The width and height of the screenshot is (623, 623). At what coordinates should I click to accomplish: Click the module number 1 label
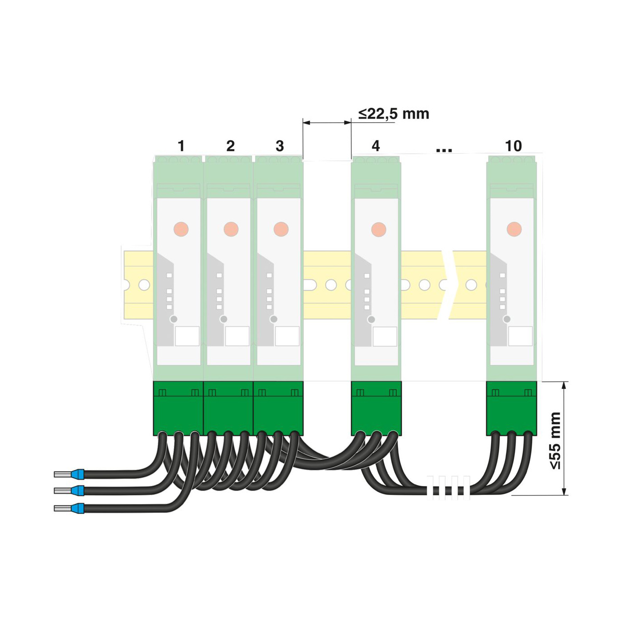point(181,146)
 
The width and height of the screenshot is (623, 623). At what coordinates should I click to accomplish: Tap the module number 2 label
point(230,146)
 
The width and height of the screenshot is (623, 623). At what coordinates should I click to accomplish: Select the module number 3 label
point(279,146)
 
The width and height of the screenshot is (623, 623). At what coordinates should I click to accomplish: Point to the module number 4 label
point(376,146)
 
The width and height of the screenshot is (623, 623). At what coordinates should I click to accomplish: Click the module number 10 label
point(513,146)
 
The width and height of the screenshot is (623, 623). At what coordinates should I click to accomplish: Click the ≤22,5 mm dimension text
point(394,114)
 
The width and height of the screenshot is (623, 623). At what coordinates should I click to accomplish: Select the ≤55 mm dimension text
point(555,441)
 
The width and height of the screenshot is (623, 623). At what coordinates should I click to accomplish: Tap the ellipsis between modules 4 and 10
point(444,150)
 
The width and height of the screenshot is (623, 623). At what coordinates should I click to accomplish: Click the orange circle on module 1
point(181,229)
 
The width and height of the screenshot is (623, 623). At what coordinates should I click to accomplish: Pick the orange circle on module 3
point(281,229)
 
